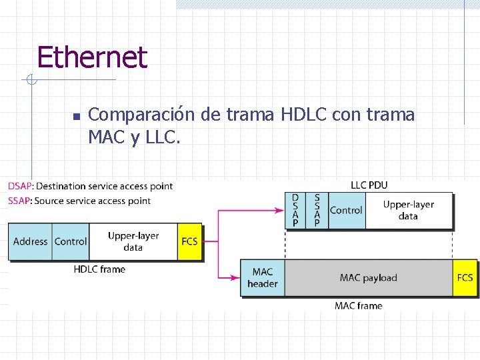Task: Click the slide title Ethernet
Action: pyautogui.click(x=91, y=57)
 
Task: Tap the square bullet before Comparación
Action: pyautogui.click(x=76, y=117)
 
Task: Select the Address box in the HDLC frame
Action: pyautogui.click(x=30, y=241)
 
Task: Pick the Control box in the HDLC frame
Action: pyautogui.click(x=71, y=241)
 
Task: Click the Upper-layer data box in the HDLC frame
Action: pyautogui.click(x=133, y=241)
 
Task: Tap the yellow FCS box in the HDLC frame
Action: pyautogui.click(x=189, y=241)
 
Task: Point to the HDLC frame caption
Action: pyautogui.click(x=99, y=269)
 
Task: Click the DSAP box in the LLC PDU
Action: pyautogui.click(x=295, y=210)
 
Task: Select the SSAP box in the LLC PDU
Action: pyautogui.click(x=317, y=210)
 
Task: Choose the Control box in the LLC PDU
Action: pyautogui.click(x=346, y=210)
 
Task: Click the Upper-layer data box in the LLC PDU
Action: pyautogui.click(x=408, y=210)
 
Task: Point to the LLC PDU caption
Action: pyautogui.click(x=369, y=185)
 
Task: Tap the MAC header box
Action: pyautogui.click(x=263, y=277)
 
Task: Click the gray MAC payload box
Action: pyautogui.click(x=368, y=277)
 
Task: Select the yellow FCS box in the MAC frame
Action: pyautogui.click(x=465, y=277)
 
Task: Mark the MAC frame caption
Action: pyautogui.click(x=358, y=305)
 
